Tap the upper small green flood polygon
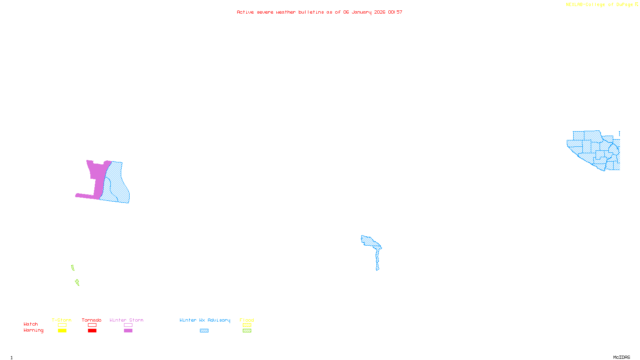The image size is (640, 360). coord(73,268)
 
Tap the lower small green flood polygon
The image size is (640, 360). coord(77,282)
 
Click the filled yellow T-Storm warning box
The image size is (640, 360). coord(62,331)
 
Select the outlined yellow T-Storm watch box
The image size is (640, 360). coord(62,325)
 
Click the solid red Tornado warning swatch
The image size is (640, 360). coord(92,331)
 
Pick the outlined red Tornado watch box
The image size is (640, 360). coord(92,325)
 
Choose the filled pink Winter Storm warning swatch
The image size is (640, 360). coord(128,331)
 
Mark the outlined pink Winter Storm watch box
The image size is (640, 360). coord(128,325)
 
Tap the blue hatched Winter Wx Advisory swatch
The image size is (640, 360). coord(204,331)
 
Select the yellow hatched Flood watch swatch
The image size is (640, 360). coord(247,325)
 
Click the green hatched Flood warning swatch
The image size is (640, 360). coord(247,331)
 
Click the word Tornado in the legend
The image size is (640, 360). coord(92,320)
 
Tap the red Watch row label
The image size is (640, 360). coord(31,324)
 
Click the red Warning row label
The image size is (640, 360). coord(33,330)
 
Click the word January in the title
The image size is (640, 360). coord(361,12)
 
